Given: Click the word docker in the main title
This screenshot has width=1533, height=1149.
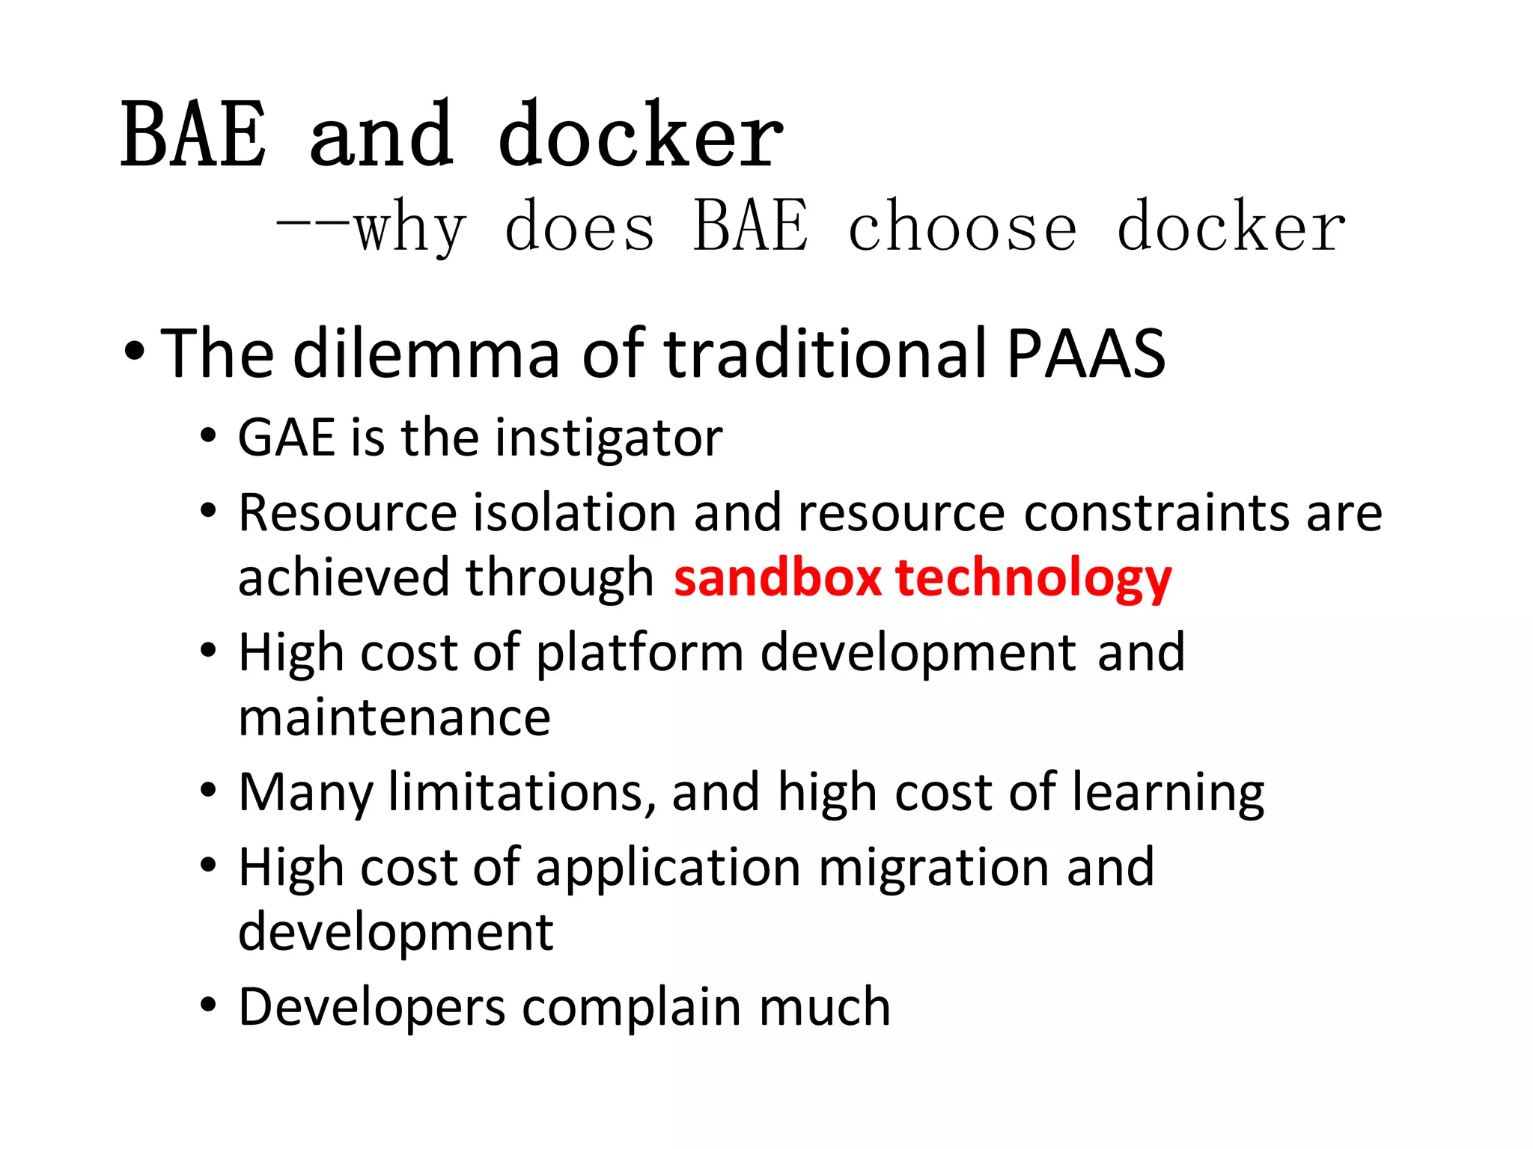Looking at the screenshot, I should pyautogui.click(x=640, y=136).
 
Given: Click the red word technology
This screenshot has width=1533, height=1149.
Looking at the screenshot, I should pyautogui.click(x=1033, y=579).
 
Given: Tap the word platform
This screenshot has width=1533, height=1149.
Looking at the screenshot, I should pyautogui.click(x=640, y=654).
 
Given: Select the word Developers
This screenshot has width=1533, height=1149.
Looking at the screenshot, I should pyautogui.click(x=372, y=1008).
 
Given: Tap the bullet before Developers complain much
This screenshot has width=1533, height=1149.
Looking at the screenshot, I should pyautogui.click(x=208, y=1005).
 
